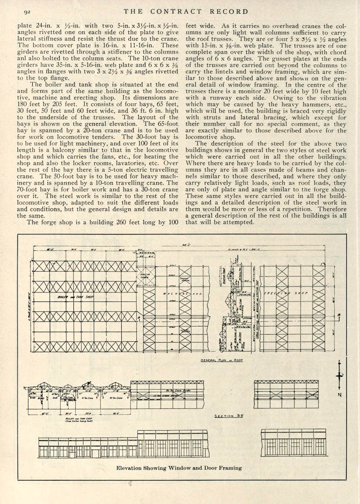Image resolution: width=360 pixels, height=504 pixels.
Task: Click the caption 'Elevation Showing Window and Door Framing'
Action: click(179, 468)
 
